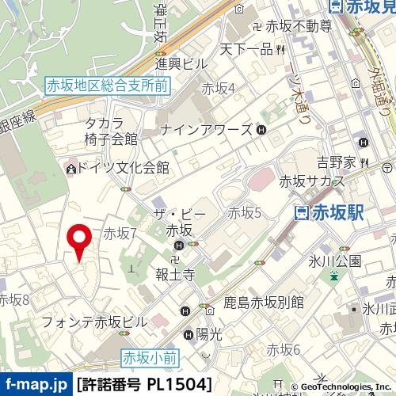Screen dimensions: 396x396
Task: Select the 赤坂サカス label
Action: click(x=311, y=181)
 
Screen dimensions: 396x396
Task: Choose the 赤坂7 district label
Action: click(x=120, y=233)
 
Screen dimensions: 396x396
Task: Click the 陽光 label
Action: click(x=208, y=334)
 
